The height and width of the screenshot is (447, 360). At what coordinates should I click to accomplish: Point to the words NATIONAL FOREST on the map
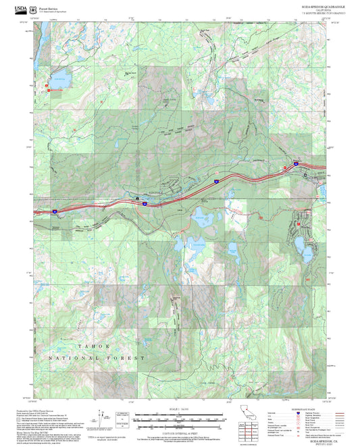coord(101,357)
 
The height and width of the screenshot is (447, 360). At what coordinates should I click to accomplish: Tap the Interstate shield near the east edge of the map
coord(295,164)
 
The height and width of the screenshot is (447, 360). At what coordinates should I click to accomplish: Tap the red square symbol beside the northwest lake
coord(47,86)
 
